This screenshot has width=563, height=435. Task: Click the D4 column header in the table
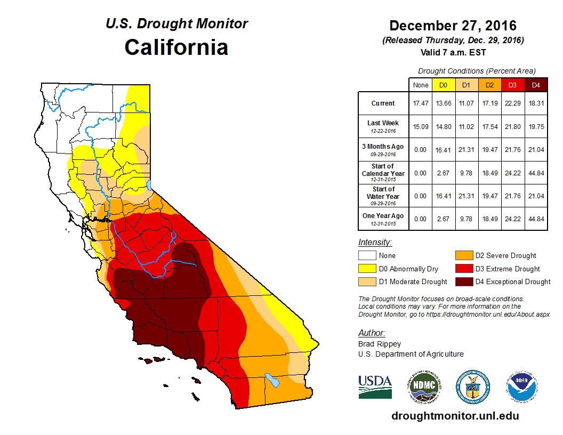tap(536, 85)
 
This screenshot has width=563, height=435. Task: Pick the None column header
tap(420, 85)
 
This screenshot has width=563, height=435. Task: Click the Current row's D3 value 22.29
tap(513, 103)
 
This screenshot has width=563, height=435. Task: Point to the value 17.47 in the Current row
tap(420, 103)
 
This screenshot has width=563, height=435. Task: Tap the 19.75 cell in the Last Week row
tap(536, 127)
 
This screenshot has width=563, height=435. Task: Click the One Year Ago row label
tap(383, 216)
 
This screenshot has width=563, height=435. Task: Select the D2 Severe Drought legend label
tap(505, 255)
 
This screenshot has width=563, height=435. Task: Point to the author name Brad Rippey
tap(380, 344)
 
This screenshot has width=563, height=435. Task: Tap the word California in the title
tap(176, 47)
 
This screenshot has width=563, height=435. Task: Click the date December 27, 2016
tap(453, 26)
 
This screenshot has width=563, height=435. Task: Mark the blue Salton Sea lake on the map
tap(272, 380)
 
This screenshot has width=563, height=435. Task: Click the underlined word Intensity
tap(375, 242)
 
